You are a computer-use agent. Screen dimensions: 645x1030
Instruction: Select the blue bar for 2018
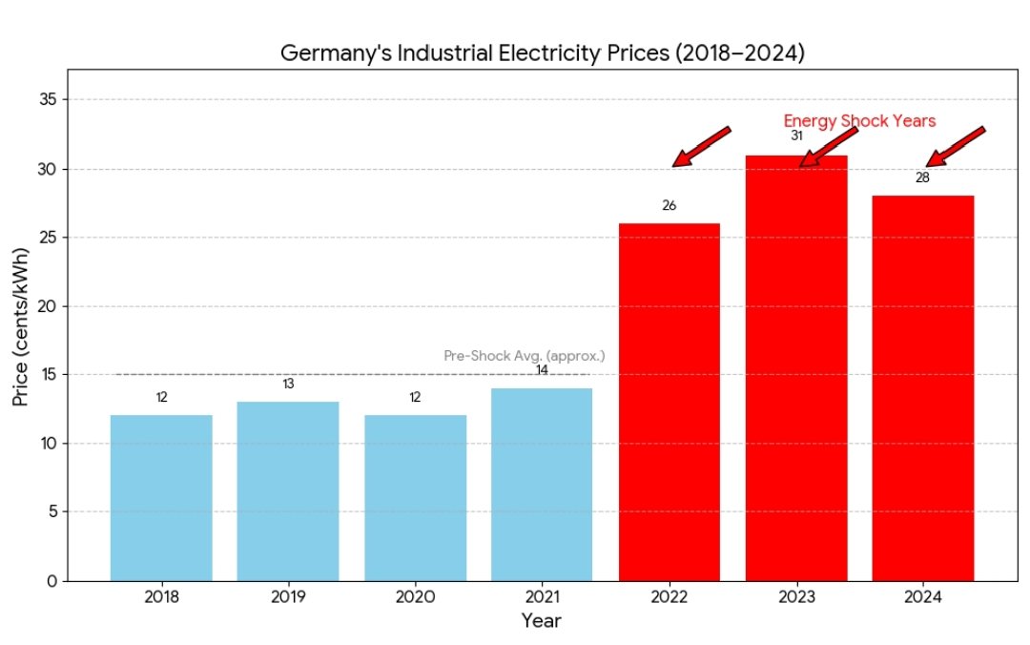(161, 497)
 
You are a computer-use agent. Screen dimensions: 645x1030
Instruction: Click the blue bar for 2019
(288, 490)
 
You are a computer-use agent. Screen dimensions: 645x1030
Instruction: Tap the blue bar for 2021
(542, 484)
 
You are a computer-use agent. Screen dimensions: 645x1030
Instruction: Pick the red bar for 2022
(669, 402)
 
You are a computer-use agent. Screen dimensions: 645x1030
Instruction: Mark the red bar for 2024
(923, 387)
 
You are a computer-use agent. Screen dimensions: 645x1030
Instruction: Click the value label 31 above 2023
(796, 135)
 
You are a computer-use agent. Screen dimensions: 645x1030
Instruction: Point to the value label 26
(669, 205)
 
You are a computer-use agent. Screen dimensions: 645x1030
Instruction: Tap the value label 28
(922, 177)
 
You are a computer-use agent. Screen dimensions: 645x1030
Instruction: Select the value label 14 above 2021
(542, 369)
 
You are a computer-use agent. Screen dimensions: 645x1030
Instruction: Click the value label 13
(288, 384)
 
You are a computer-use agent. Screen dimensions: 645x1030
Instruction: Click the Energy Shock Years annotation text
(859, 121)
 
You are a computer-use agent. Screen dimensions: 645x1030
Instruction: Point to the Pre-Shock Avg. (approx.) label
(524, 356)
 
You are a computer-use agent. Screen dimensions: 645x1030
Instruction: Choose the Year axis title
(541, 621)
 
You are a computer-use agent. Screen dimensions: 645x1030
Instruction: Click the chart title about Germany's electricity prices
(542, 53)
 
